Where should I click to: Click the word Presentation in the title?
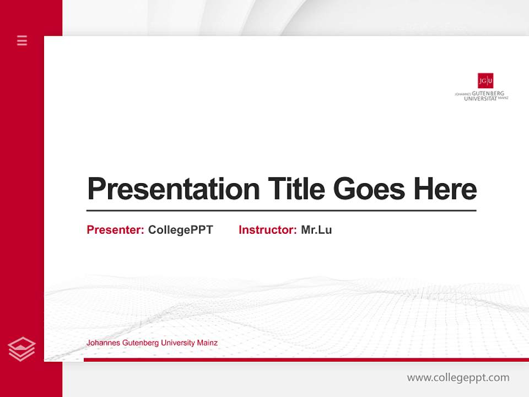tap(173, 189)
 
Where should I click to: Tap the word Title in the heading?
tap(296, 189)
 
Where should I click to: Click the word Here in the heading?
tap(445, 189)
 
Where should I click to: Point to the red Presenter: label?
tap(115, 230)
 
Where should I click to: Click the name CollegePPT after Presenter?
tap(180, 230)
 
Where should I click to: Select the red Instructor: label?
tap(267, 230)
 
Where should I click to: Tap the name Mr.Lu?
tap(316, 230)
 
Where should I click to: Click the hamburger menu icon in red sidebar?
tap(22, 40)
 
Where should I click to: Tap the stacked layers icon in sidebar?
tap(21, 349)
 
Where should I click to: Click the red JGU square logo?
tap(485, 81)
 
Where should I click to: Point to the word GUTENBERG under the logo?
tap(488, 94)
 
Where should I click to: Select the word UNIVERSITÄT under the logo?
tap(481, 99)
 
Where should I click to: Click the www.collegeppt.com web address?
tap(458, 378)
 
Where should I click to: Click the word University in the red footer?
tap(178, 343)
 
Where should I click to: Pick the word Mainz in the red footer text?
tap(207, 343)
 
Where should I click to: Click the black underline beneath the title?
tap(281, 211)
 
